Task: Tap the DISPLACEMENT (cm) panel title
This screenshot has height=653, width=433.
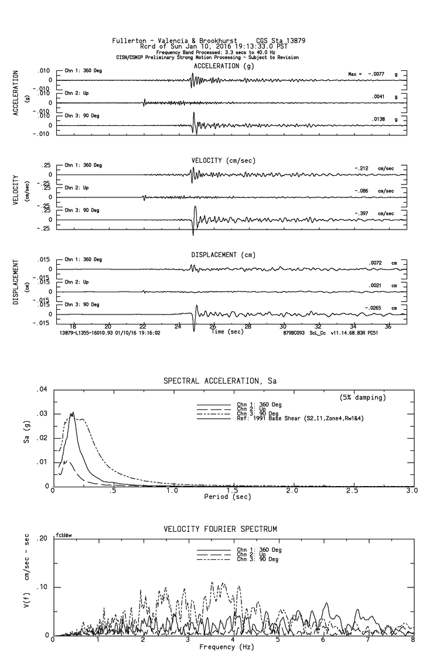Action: click(223, 255)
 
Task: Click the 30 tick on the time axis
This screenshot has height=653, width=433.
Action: click(283, 326)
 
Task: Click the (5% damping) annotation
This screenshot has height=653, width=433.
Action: click(363, 398)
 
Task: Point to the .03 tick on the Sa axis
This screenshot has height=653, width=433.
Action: click(41, 413)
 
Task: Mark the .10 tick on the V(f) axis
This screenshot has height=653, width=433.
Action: click(41, 587)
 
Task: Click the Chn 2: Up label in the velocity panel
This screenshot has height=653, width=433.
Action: click(77, 187)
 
